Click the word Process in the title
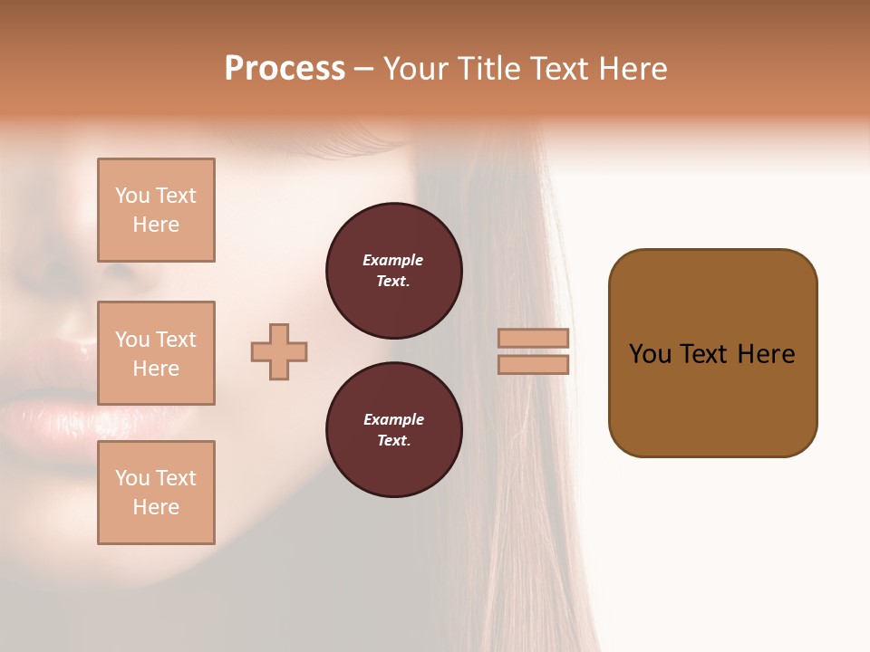(x=285, y=69)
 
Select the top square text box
(x=156, y=210)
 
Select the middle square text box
(x=156, y=353)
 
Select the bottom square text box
(x=156, y=493)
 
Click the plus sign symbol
(x=279, y=351)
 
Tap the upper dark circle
(x=394, y=271)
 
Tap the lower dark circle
(x=394, y=430)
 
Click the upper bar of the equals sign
(x=534, y=338)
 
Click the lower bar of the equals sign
(x=534, y=364)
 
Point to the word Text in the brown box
(x=710, y=354)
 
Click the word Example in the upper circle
(x=393, y=260)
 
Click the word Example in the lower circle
(x=393, y=419)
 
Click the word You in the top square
(x=132, y=196)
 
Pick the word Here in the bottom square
(x=156, y=507)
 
